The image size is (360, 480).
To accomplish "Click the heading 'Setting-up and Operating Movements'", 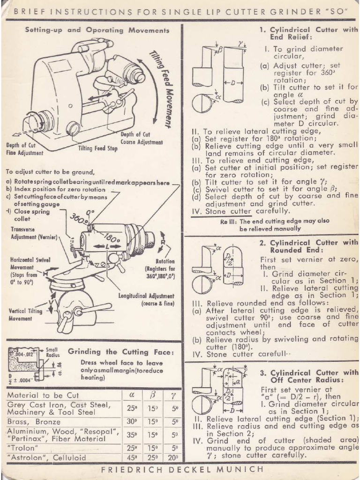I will tap(97, 30).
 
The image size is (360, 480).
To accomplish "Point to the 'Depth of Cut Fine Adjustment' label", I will tap(24, 149).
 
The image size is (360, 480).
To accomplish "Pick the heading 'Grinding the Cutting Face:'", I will tap(121, 351).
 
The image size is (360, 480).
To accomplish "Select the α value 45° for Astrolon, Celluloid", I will tap(132, 457).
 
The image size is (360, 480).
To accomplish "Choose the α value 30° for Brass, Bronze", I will tap(132, 421).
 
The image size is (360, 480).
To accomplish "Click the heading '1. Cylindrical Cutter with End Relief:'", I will tap(308, 33).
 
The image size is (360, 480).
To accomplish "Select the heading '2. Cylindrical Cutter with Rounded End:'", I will tap(308, 246).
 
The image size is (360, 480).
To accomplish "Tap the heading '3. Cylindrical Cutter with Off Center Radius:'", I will tap(308, 376).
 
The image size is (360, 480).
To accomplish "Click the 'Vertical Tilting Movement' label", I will tap(25, 315).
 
